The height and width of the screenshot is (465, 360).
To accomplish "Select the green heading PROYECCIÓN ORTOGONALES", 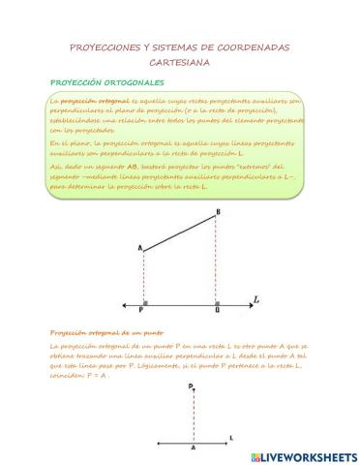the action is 106,82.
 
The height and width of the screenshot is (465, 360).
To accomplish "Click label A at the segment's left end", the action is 140,250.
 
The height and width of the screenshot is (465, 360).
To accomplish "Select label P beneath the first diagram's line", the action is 141,311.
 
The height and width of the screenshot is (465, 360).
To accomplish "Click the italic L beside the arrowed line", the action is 255,299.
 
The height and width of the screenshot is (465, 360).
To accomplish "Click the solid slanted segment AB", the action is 180,234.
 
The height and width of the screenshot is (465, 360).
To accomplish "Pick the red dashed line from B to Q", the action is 217,262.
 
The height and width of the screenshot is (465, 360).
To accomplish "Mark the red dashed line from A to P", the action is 143,279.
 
